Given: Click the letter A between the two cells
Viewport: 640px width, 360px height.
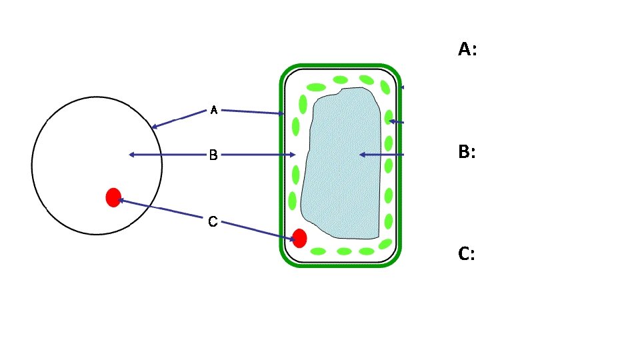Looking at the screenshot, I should (x=214, y=110).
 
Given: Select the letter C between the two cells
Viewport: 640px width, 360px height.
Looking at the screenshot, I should (x=213, y=221).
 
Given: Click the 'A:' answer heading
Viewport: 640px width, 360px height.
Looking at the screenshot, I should (x=467, y=49).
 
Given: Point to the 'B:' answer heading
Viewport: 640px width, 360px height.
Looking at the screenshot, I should (x=467, y=152).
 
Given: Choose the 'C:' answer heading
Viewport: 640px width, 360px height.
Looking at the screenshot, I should (x=467, y=254).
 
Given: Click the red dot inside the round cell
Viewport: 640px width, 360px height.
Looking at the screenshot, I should (x=113, y=197).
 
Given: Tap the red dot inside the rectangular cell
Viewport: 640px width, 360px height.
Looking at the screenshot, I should (x=299, y=238).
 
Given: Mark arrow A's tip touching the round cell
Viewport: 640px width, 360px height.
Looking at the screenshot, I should (x=153, y=127).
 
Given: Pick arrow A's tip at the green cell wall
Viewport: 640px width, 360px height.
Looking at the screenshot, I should (x=283, y=114).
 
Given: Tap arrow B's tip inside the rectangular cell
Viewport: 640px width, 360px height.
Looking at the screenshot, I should (x=294, y=155).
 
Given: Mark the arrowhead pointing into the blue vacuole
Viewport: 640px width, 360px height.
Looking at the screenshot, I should (x=361, y=155).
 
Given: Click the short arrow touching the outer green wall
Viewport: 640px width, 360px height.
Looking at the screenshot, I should (x=403, y=87).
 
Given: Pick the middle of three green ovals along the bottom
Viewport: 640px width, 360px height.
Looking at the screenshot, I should (x=343, y=251).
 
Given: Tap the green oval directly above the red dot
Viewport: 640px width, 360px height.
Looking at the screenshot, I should (x=293, y=201).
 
